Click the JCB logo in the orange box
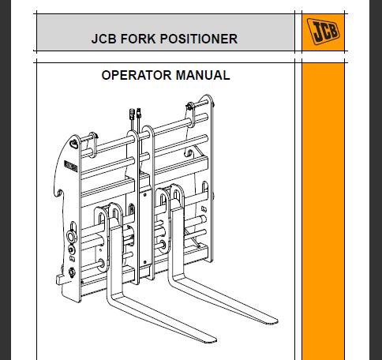click(x=323, y=32)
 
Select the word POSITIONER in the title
click(x=199, y=39)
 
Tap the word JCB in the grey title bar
click(x=103, y=39)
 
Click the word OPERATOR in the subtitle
click(x=137, y=75)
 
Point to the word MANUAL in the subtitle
click(x=203, y=75)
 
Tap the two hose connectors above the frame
click(x=136, y=114)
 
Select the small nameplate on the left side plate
click(x=71, y=167)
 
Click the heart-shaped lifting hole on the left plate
click(x=74, y=144)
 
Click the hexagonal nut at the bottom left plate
click(x=72, y=272)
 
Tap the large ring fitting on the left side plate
click(x=71, y=237)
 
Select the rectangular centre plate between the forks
click(x=145, y=227)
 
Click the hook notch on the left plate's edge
click(x=59, y=193)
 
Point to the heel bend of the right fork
click(x=174, y=279)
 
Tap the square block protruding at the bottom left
click(x=60, y=279)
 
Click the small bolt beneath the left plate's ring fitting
click(x=71, y=249)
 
